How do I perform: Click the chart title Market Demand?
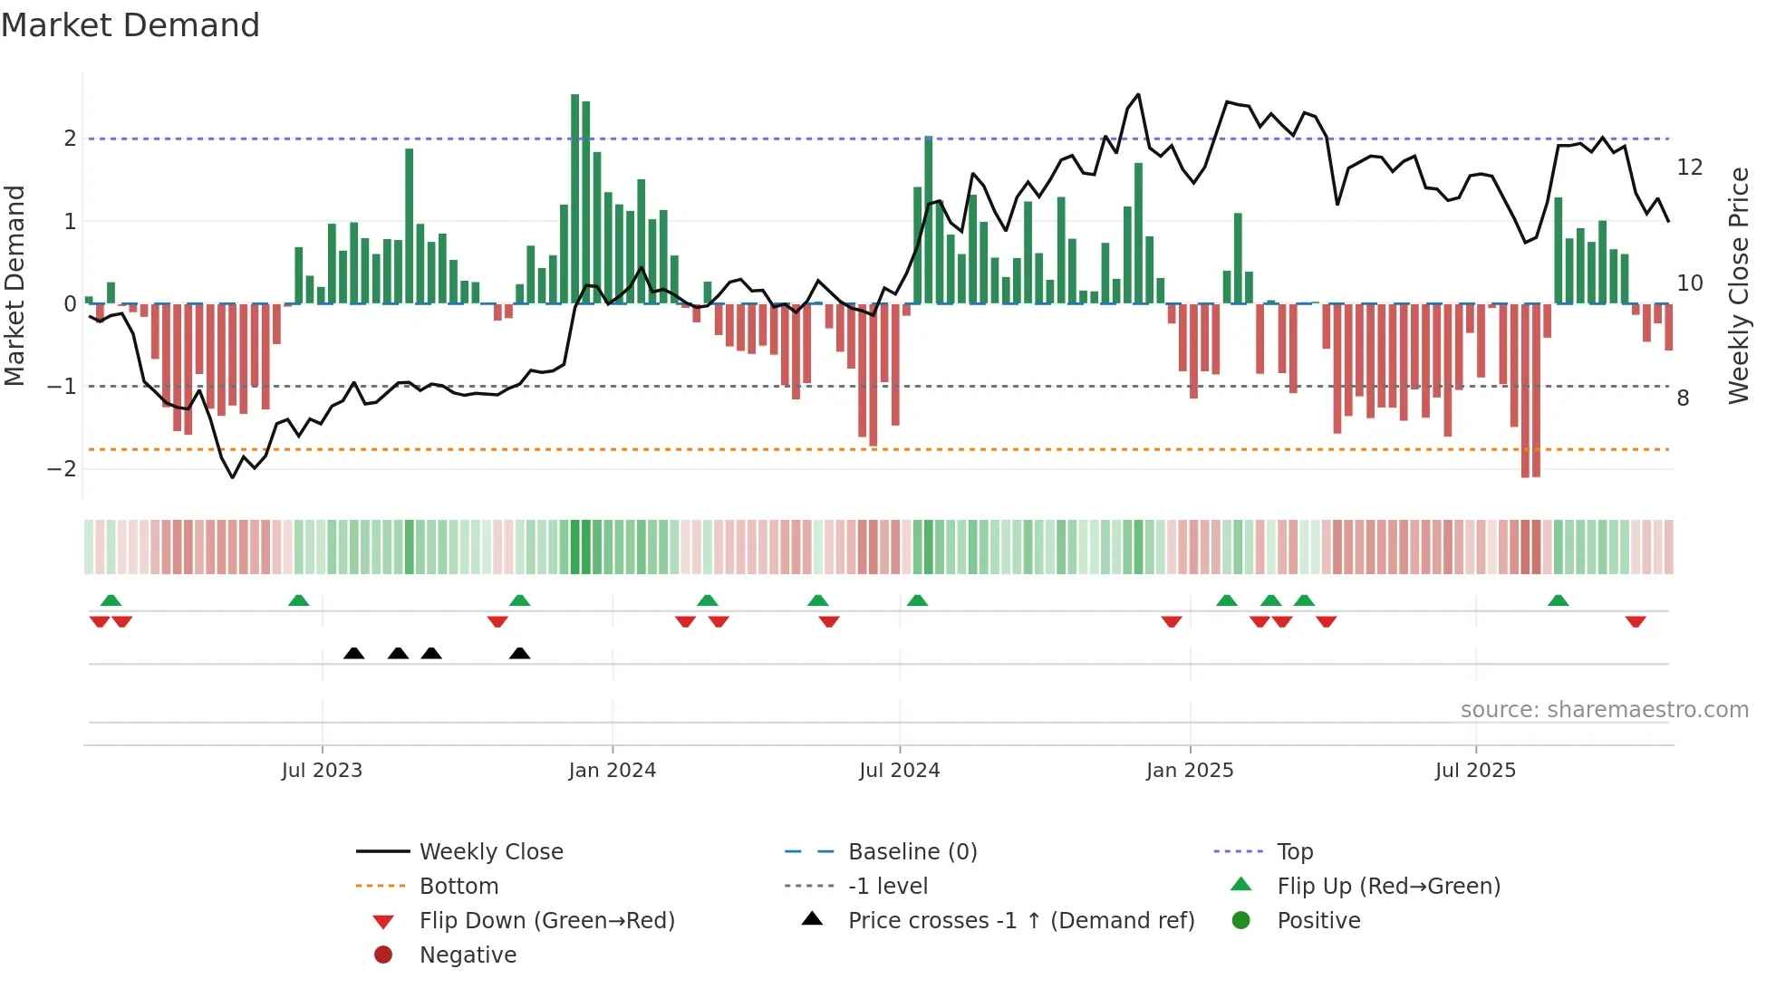point(130,25)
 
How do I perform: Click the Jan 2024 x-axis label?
point(612,771)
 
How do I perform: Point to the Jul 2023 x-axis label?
point(322,771)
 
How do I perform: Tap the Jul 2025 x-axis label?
point(1475,771)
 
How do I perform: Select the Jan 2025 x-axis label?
point(1190,771)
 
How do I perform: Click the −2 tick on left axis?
point(62,469)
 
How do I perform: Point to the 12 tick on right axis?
point(1689,168)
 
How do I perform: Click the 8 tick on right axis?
point(1683,398)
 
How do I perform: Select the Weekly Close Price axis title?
point(1738,285)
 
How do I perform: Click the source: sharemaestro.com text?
point(1604,710)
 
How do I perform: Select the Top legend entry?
point(1295,852)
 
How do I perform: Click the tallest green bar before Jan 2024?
point(575,199)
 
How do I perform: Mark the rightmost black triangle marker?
point(519,654)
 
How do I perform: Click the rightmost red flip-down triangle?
point(1636,621)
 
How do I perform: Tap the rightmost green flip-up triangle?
point(1559,600)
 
